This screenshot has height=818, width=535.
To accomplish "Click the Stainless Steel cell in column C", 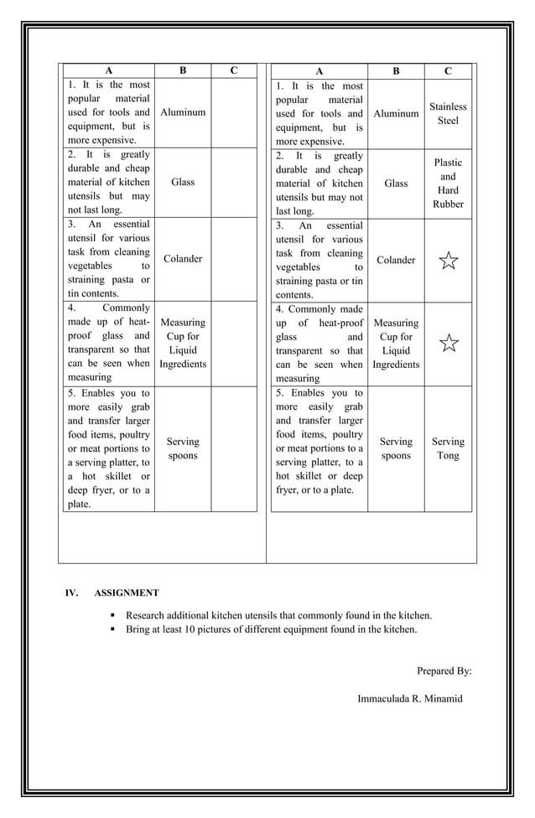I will point(448,113).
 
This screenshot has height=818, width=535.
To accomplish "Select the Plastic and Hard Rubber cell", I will point(448,184).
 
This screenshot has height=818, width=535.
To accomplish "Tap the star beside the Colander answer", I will point(449,261).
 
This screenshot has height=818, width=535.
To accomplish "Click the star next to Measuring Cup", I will point(449,342).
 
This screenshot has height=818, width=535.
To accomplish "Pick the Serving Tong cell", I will point(448,448).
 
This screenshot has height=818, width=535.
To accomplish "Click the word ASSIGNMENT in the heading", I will point(127,593).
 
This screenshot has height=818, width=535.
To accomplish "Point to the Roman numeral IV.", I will point(72,593).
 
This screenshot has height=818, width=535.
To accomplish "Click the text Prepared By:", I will point(444,670).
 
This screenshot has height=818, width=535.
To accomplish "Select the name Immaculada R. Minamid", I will point(409,698).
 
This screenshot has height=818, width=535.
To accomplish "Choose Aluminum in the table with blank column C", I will point(183,112).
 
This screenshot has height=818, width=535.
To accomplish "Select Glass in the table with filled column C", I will point(396,184).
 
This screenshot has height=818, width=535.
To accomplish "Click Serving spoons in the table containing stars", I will point(396,448).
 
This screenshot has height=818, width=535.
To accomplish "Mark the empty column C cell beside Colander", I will point(234,259).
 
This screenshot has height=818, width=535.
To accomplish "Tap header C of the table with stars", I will point(448,71).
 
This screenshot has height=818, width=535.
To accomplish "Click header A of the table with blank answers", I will point(108,70).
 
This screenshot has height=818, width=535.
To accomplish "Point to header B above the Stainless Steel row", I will point(396,71).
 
